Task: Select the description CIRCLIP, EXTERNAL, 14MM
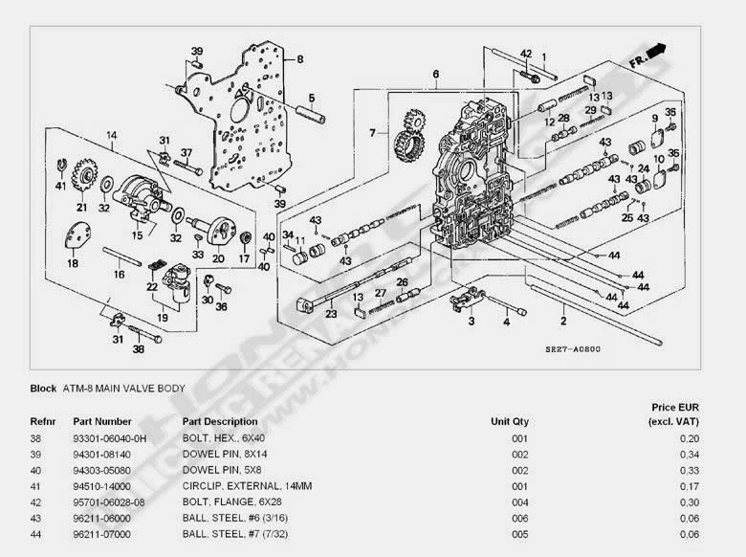pos(234,486)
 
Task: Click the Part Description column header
pos(219,421)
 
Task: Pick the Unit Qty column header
pos(509,421)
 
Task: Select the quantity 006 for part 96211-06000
pos(519,518)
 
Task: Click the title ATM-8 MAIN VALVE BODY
pos(122,388)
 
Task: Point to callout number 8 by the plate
pos(299,58)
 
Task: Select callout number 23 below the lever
pos(331,314)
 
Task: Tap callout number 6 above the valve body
pos(435,74)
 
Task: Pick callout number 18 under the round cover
pos(73,263)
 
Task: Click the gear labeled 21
pos(83,180)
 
